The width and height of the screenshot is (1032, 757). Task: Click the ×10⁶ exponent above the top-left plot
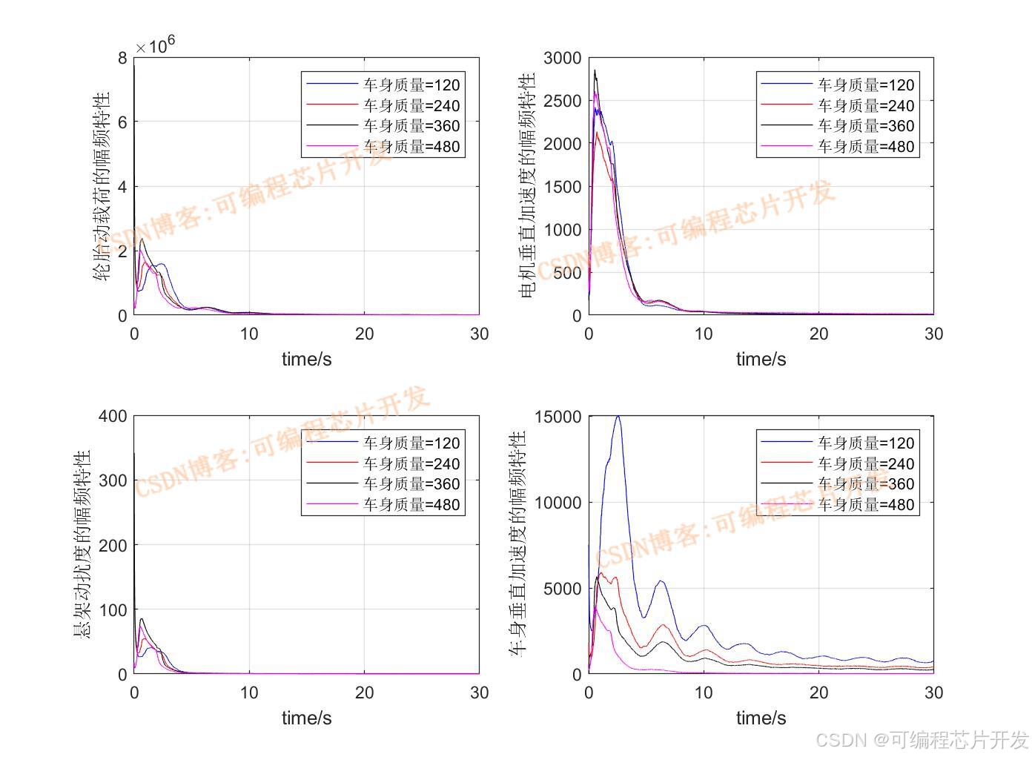tap(155, 45)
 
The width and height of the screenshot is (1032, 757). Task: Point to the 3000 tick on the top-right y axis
tap(562, 59)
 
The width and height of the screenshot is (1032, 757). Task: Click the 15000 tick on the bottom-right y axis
tap(557, 417)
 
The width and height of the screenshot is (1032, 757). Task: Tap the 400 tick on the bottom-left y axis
tap(113, 416)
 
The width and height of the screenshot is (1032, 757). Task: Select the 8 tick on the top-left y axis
tap(122, 58)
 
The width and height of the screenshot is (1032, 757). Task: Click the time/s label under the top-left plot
tap(306, 360)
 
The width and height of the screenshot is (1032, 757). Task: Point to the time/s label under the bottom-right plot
tap(761, 718)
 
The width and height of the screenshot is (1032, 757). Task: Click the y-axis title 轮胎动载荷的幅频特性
tap(102, 185)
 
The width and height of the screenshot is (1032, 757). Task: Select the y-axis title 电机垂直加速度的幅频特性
tap(527, 185)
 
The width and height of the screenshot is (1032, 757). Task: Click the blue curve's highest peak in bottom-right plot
tap(618, 417)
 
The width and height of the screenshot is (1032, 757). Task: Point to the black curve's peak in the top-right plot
tap(595, 71)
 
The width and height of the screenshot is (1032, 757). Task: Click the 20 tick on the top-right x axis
tap(818, 334)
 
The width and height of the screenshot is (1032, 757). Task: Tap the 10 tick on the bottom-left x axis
tap(249, 692)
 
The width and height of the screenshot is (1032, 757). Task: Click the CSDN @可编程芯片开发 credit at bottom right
tap(922, 739)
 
